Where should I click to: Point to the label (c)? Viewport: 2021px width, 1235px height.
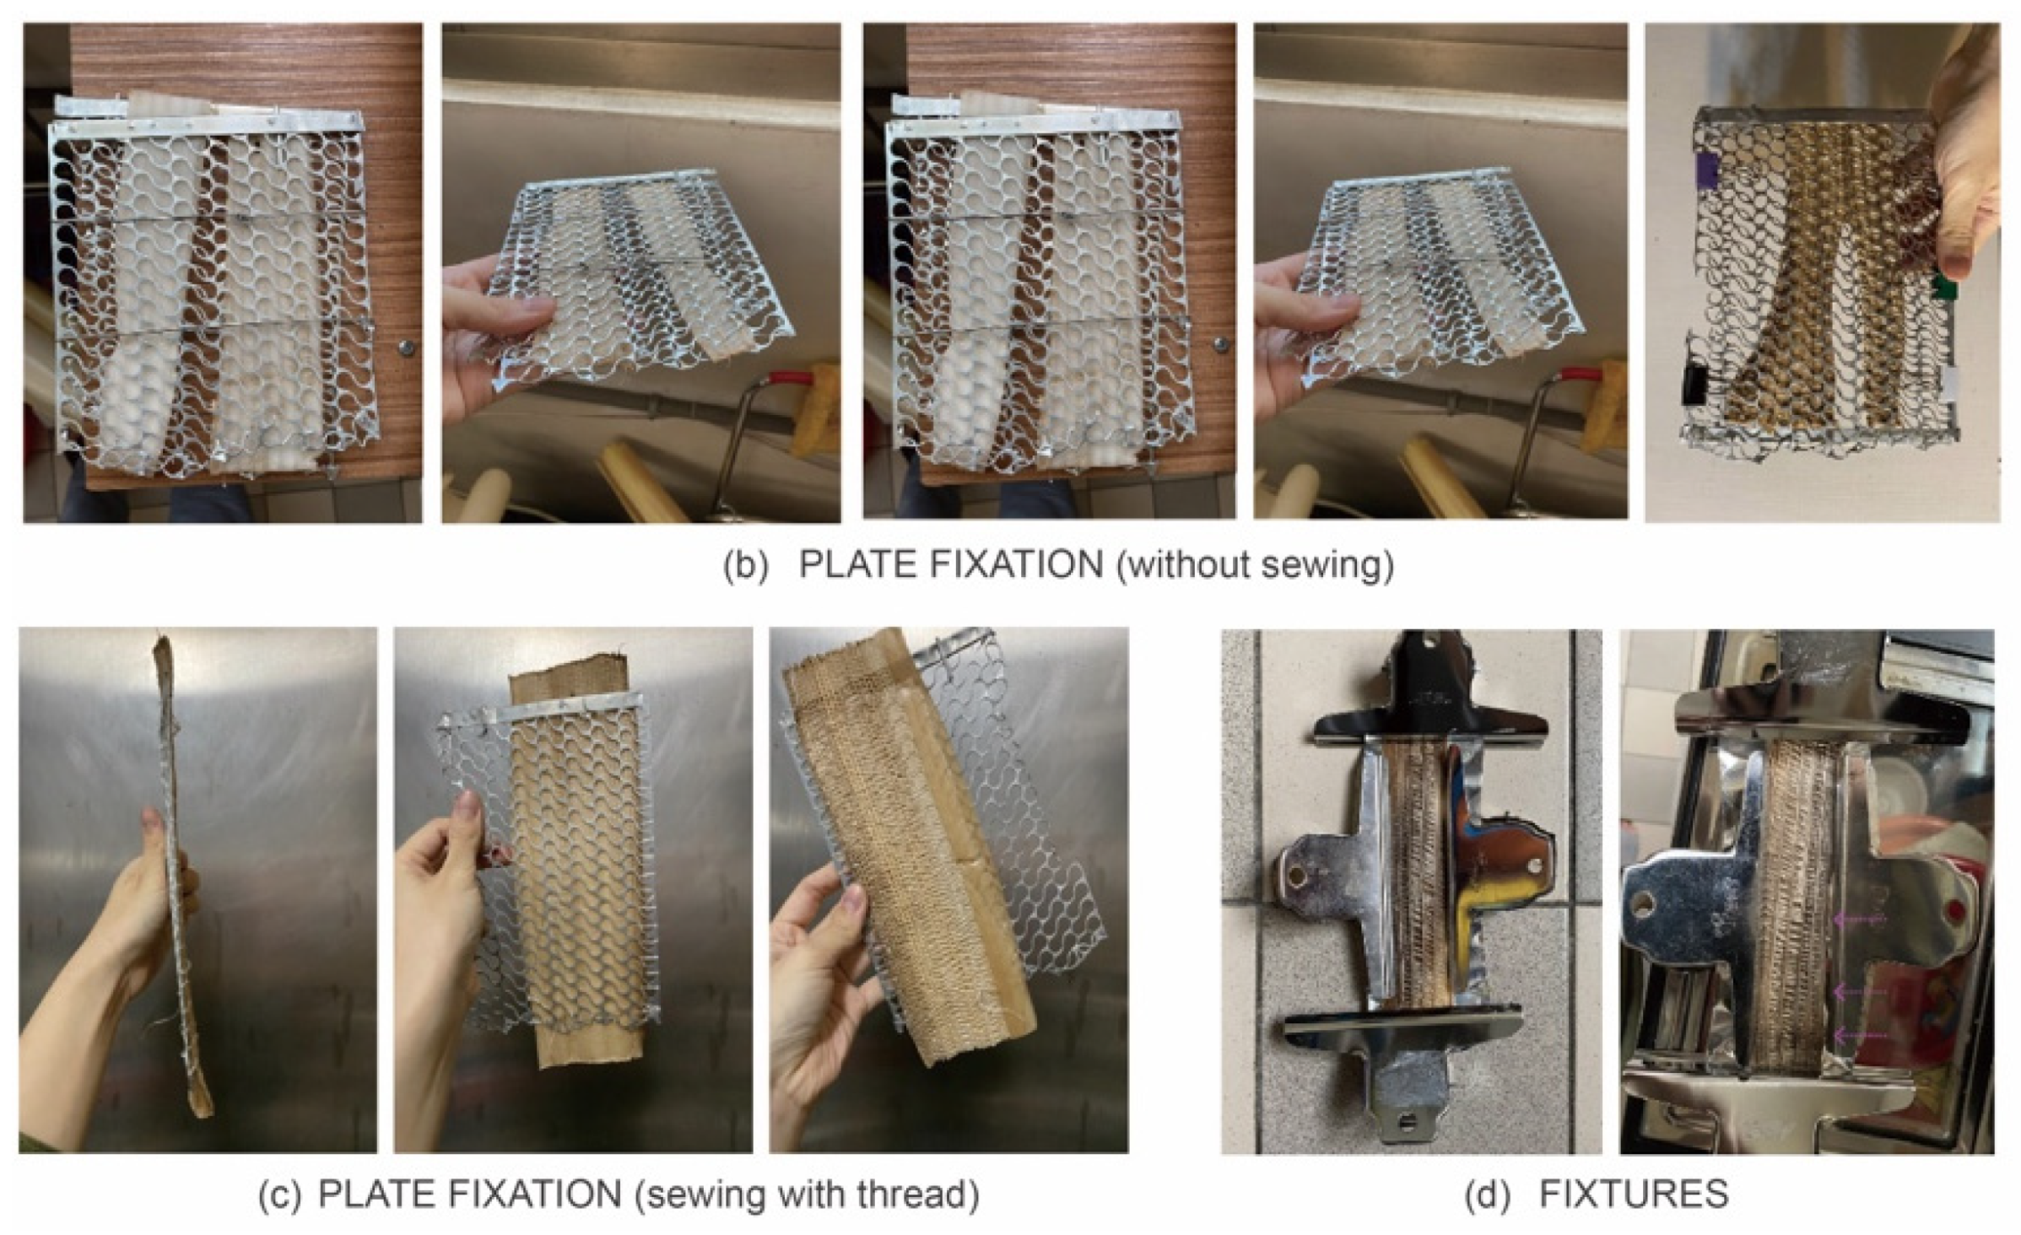(279, 1195)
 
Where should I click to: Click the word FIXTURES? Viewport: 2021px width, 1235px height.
(1634, 1195)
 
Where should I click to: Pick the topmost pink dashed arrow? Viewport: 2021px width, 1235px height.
(1860, 920)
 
